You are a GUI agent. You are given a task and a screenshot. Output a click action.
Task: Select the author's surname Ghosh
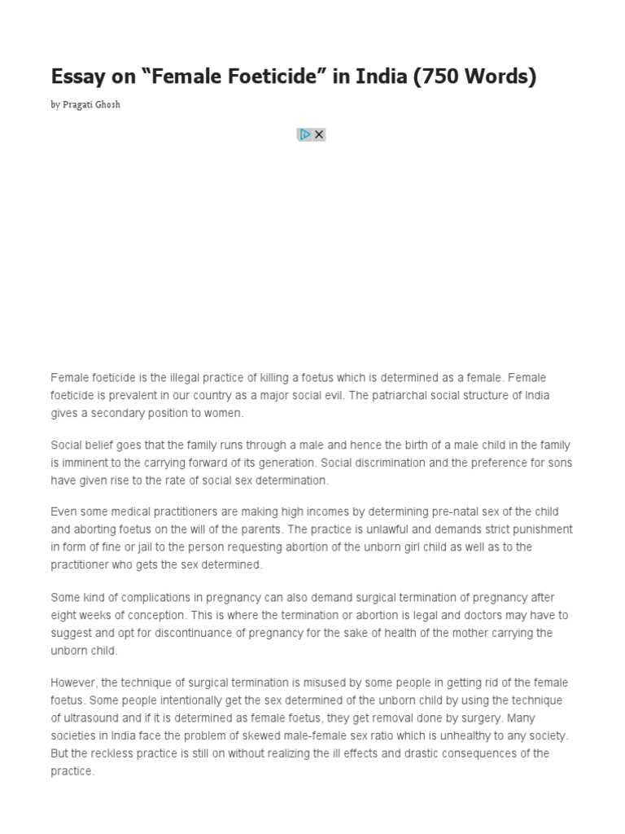(x=107, y=105)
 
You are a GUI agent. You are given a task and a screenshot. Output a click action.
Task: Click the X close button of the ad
(x=319, y=134)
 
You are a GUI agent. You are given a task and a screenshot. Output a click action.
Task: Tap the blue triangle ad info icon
(x=305, y=134)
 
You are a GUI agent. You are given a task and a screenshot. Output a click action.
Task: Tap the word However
(x=74, y=683)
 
